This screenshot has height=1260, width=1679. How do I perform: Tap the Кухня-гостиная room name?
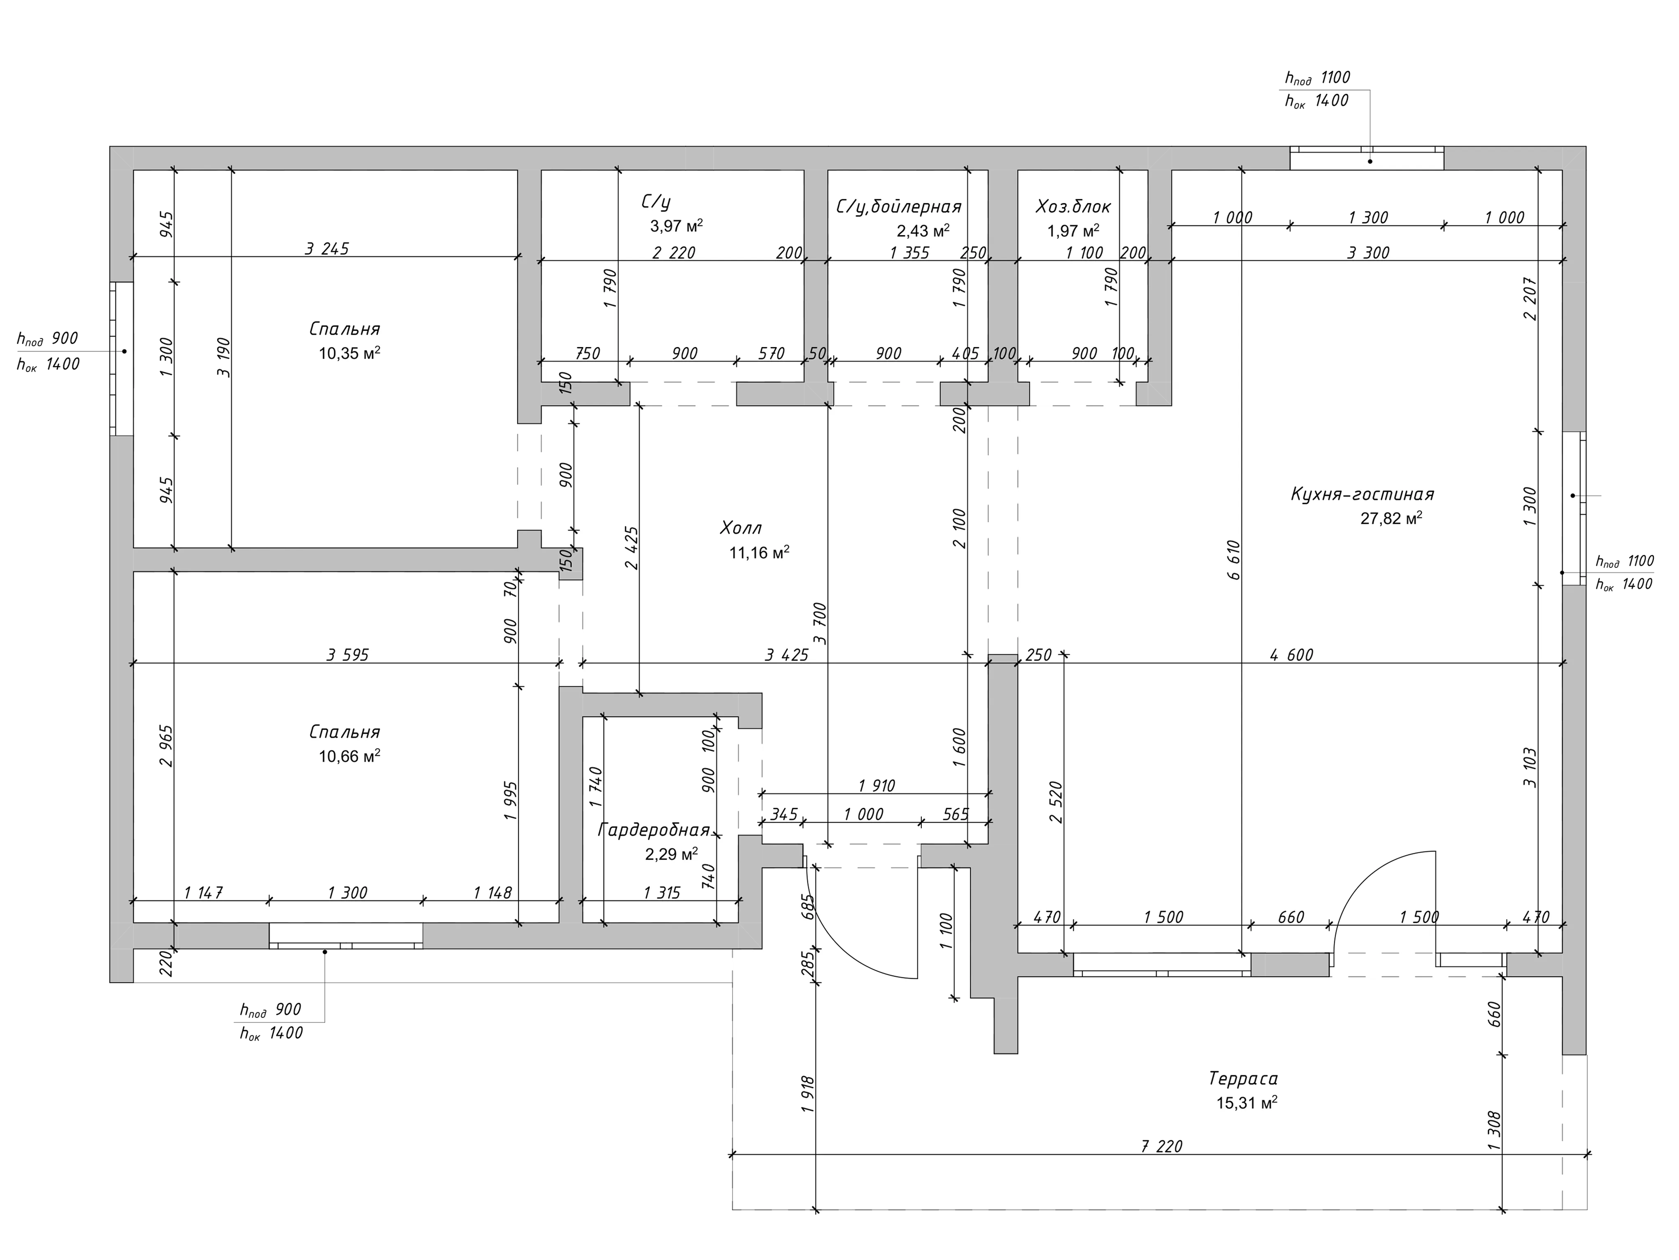tap(1363, 495)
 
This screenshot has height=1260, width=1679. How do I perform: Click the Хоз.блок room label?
tap(1073, 207)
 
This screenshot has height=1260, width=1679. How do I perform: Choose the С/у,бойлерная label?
tap(899, 207)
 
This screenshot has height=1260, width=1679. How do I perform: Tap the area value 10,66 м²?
tap(349, 756)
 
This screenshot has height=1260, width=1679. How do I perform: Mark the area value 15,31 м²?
tap(1246, 1103)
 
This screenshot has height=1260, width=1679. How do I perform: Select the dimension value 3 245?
tap(327, 248)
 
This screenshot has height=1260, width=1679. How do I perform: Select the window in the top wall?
tap(1367, 159)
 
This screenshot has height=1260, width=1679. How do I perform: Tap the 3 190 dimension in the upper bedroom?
tap(222, 357)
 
